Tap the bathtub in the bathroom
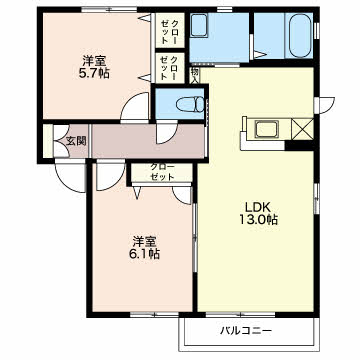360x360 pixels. click(x=300, y=35)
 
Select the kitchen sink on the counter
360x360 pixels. click(x=267, y=129)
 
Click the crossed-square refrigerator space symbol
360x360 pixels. click(x=302, y=129)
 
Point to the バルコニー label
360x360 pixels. click(x=246, y=331)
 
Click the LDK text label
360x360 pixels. click(x=257, y=207)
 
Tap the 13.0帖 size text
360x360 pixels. click(x=258, y=220)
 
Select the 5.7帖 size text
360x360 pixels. click(x=94, y=73)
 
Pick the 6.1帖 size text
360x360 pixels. click(x=144, y=254)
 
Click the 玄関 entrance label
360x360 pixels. click(x=76, y=141)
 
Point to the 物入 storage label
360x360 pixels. click(x=195, y=75)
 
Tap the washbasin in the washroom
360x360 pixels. click(x=199, y=25)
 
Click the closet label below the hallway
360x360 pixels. click(x=162, y=172)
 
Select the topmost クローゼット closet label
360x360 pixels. click(x=169, y=31)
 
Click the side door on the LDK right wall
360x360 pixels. click(x=326, y=104)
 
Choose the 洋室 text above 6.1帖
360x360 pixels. click(x=144, y=242)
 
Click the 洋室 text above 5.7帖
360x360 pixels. click(x=94, y=61)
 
